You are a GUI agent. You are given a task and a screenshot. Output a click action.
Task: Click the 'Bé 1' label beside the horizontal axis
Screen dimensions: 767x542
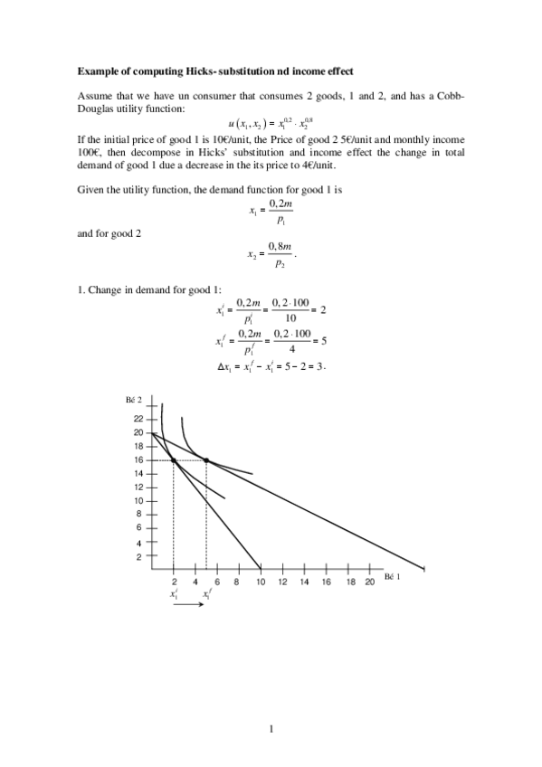point(392,576)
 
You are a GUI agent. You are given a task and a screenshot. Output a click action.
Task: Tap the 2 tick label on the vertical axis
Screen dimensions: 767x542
point(139,556)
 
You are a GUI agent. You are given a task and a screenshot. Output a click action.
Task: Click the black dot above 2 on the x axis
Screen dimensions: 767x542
point(174,460)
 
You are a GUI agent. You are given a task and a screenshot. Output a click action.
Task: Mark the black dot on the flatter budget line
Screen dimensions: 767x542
point(206,460)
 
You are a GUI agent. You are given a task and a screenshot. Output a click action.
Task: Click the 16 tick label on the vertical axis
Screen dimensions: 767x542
point(138,459)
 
